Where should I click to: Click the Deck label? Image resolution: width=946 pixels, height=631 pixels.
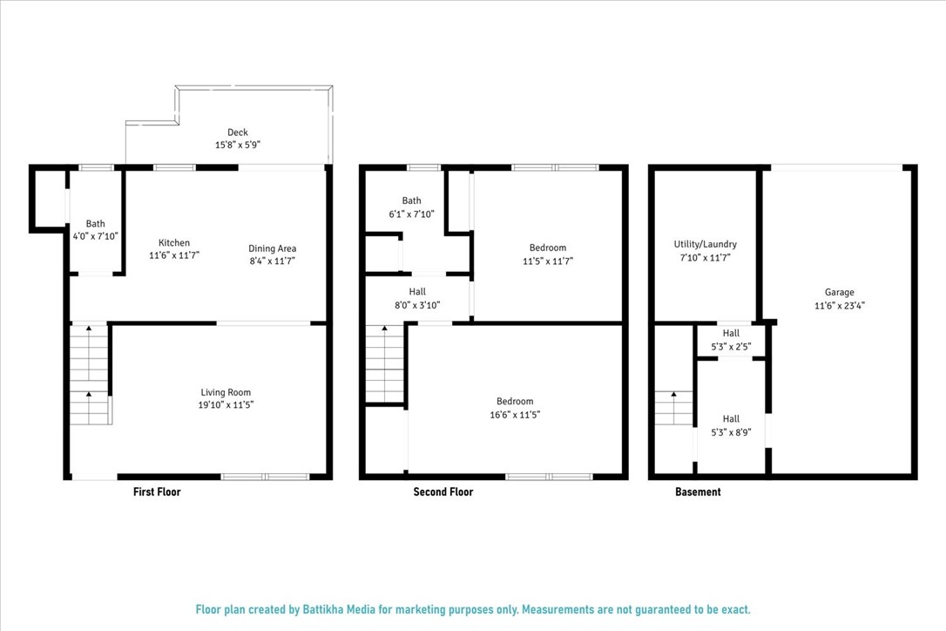tap(232, 132)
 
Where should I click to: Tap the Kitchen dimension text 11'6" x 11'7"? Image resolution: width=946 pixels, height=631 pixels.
tap(174, 255)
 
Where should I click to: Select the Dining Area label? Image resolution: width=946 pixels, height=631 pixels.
tap(272, 248)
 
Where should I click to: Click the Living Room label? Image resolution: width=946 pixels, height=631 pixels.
tap(226, 392)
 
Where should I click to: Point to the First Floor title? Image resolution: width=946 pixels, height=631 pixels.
tap(157, 492)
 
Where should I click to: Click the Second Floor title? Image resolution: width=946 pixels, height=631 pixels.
tap(443, 492)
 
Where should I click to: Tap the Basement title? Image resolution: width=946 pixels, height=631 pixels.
tap(698, 492)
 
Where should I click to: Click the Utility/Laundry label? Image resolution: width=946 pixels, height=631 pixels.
tap(705, 244)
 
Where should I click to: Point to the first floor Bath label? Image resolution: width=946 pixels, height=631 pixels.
tap(95, 224)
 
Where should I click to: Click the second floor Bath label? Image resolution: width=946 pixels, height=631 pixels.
tap(411, 201)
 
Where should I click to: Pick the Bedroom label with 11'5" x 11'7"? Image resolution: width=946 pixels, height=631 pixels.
tap(547, 248)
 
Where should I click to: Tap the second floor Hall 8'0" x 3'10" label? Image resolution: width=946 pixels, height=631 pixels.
tap(417, 292)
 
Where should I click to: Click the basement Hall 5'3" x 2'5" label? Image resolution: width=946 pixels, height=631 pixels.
tap(731, 333)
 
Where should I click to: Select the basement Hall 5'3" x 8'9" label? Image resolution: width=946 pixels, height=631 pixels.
tap(731, 419)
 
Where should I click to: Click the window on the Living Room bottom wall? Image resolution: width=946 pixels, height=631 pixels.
tap(265, 477)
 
